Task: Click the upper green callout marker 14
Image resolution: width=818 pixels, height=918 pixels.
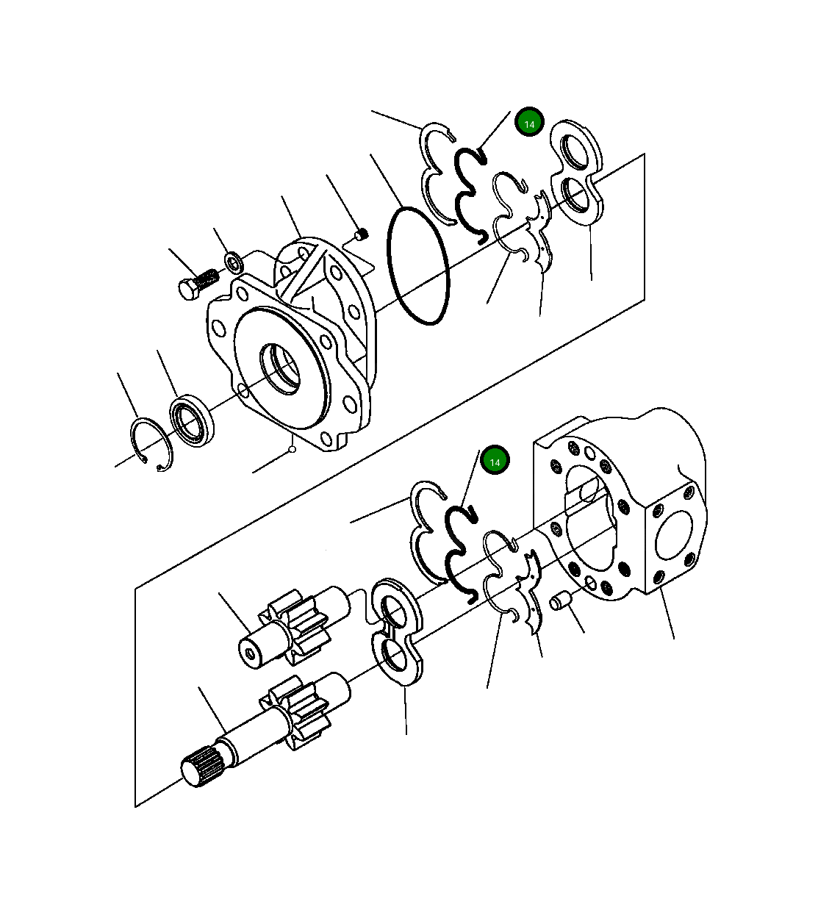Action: point(529,123)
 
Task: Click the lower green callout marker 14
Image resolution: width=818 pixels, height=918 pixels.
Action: point(495,461)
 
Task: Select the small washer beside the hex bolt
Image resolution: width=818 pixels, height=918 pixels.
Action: point(234,261)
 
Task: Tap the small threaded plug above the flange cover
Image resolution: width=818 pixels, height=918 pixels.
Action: point(361,234)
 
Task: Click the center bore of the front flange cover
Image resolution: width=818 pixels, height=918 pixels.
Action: point(280,368)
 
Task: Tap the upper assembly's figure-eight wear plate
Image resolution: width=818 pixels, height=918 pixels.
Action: point(576,173)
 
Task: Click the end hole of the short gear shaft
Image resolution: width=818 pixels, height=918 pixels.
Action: point(251,652)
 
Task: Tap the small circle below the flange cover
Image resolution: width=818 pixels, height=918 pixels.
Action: point(292,449)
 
